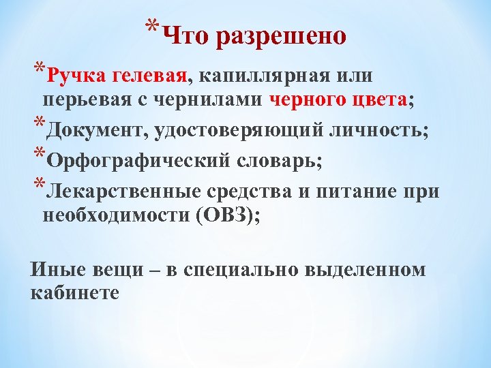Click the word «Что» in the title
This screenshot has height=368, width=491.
pos(187,35)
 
